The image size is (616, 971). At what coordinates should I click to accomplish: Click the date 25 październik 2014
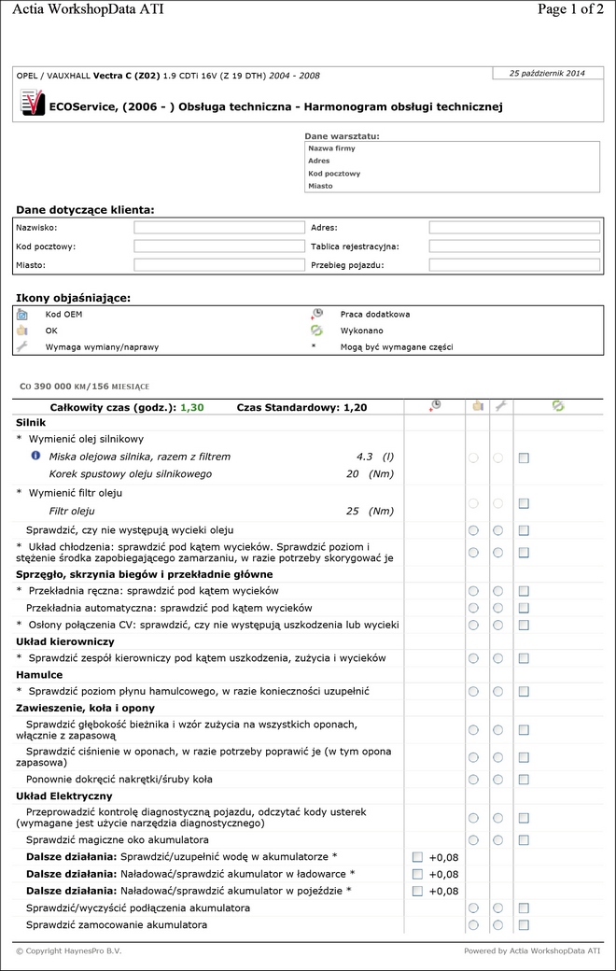click(x=547, y=73)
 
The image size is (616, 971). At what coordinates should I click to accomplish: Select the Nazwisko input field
click(x=219, y=227)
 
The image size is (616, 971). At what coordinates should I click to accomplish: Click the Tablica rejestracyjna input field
click(x=513, y=246)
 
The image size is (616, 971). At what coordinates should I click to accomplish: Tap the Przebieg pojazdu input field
click(x=513, y=265)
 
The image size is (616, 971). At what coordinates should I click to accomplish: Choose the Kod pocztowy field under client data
click(x=219, y=246)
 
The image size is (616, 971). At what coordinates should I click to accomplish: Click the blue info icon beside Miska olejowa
click(x=35, y=456)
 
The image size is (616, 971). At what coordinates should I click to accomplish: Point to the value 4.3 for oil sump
click(x=364, y=457)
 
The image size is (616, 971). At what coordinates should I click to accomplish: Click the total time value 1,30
click(x=192, y=407)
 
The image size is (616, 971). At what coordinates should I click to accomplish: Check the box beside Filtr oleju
click(x=524, y=503)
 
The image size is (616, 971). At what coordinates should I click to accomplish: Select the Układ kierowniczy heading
click(x=65, y=641)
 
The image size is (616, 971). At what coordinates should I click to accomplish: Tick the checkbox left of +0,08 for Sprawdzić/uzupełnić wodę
click(x=417, y=856)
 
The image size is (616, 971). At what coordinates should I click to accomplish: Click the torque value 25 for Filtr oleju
click(x=353, y=511)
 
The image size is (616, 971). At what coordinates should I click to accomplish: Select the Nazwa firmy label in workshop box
click(x=331, y=148)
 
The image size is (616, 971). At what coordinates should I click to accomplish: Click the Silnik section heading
click(x=31, y=422)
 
